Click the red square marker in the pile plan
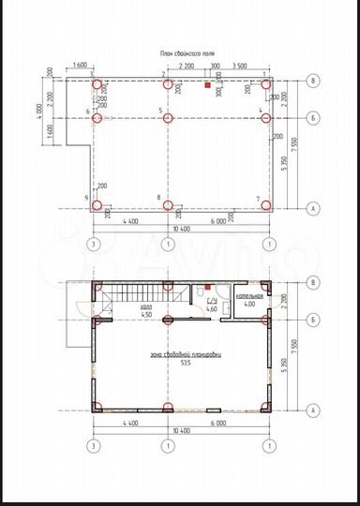tap(208, 85)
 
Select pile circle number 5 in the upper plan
tap(168, 118)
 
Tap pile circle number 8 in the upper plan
tap(168, 204)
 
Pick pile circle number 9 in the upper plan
tap(97, 204)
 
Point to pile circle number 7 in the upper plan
tap(266, 204)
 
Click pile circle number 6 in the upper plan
tap(97, 118)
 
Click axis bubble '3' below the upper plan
tap(93, 244)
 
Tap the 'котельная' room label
tap(248, 296)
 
